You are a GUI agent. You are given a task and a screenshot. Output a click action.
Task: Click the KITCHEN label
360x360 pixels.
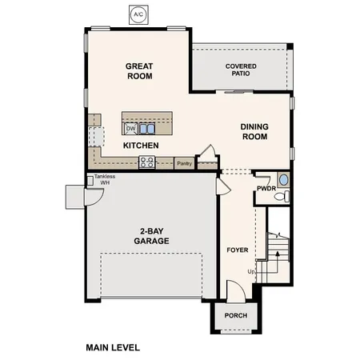tap(141, 146)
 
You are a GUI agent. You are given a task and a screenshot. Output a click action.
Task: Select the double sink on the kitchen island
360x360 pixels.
tap(146, 128)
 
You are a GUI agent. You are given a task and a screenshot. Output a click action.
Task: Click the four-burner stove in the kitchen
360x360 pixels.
tap(147, 162)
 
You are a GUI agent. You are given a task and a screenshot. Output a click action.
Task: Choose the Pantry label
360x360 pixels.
tap(184, 163)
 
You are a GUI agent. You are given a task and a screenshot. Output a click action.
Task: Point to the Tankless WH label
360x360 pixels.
tap(104, 179)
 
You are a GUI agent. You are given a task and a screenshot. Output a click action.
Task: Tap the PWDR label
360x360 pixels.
tap(266, 189)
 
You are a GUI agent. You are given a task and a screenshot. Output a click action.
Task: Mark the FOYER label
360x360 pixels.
tap(238, 250)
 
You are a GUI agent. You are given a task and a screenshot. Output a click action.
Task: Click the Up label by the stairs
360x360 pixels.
tap(253, 271)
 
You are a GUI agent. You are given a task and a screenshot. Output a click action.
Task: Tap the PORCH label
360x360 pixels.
tap(236, 315)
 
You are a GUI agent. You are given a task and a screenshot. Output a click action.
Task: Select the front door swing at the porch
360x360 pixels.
tap(234, 291)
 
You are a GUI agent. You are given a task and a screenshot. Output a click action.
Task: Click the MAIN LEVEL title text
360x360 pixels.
tap(113, 348)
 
